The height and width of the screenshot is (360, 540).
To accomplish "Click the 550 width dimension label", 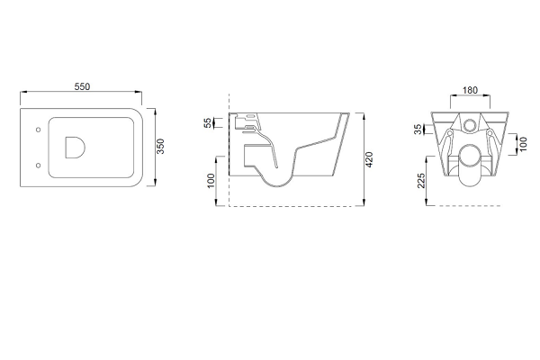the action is point(82,86).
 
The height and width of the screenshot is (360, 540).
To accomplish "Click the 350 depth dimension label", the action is point(161,147).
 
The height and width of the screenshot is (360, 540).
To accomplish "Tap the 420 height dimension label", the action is point(369,159).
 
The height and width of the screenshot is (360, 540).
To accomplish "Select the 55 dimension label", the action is point(208,123).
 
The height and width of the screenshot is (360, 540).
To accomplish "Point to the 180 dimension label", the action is point(470,90).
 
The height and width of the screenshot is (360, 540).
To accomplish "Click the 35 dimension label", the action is point(418,130).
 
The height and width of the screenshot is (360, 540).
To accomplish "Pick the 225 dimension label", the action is point(421,181).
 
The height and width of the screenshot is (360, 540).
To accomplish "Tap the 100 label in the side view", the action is point(211,181).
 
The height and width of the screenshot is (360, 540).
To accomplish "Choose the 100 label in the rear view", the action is point(523,144).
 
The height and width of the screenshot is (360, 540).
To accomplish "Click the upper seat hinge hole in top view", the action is point(38,130).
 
